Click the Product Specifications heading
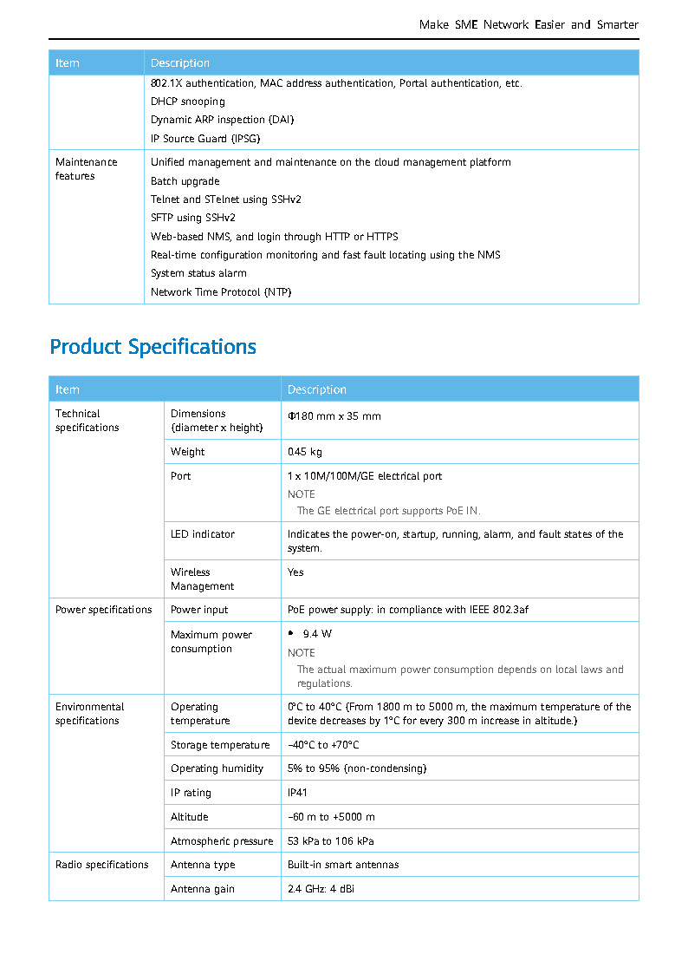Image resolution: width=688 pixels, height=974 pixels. click(x=153, y=347)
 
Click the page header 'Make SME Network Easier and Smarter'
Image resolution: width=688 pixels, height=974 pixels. click(x=528, y=25)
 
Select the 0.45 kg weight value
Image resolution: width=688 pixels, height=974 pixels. click(x=305, y=452)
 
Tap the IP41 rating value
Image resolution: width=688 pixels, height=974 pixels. click(x=297, y=793)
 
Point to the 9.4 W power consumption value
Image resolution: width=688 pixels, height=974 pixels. click(x=317, y=634)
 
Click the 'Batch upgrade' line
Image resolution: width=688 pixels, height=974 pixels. click(x=185, y=181)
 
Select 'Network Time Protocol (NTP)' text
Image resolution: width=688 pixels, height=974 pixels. click(x=221, y=292)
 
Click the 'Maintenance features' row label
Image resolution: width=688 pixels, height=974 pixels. click(x=86, y=169)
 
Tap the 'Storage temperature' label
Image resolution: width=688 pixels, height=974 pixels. click(x=220, y=745)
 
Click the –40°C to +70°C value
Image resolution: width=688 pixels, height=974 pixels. click(x=323, y=745)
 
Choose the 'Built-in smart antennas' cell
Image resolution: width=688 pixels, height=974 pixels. click(x=343, y=865)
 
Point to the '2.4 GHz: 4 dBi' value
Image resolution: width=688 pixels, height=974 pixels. click(x=321, y=889)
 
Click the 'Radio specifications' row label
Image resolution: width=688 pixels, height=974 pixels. click(x=101, y=865)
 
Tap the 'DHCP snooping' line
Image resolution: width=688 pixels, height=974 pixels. click(x=187, y=101)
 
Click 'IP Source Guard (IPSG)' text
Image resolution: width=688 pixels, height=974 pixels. click(x=205, y=139)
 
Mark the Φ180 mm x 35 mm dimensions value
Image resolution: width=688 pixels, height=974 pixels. click(x=334, y=416)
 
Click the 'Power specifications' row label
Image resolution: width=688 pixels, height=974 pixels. click(x=103, y=610)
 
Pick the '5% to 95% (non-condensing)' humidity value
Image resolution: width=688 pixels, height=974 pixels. click(x=357, y=768)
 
